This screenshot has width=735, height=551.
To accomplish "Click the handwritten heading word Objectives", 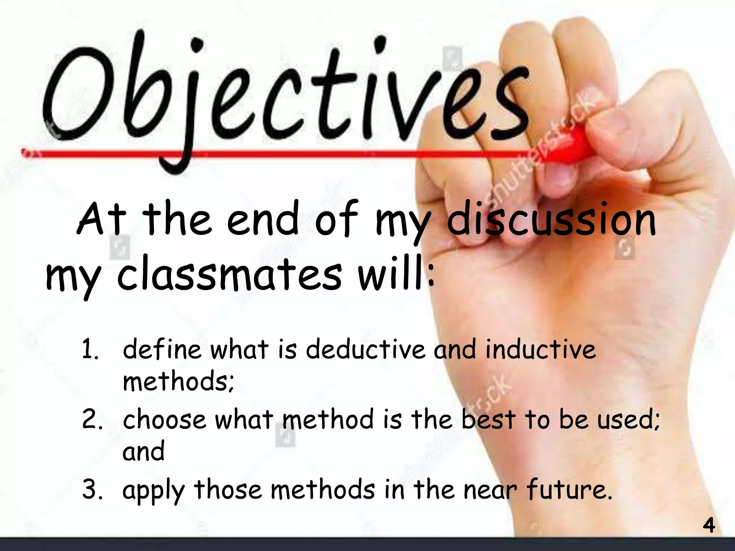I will pos(284,93).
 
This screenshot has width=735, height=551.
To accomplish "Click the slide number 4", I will pos(708,526).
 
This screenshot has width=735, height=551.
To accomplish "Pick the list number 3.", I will pos(92,489).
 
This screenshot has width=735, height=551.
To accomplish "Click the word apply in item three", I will pos(153,491).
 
